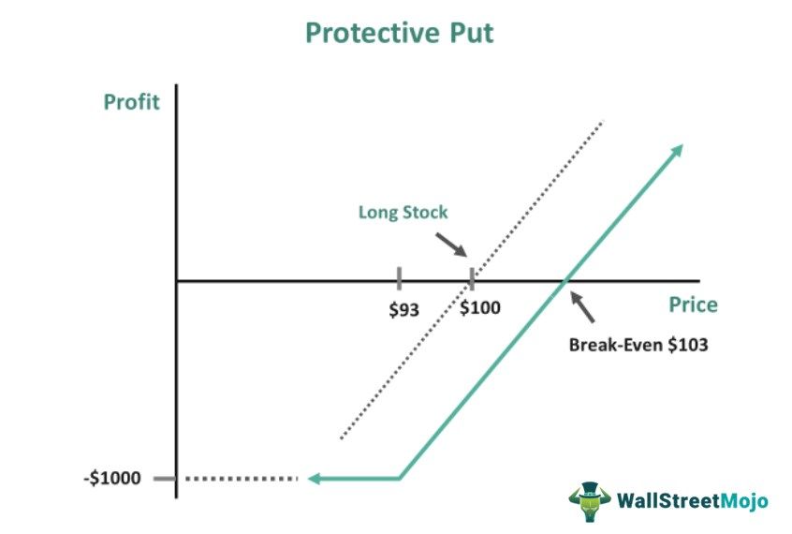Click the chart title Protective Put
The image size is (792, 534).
tap(399, 33)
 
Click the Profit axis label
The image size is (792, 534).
tap(131, 102)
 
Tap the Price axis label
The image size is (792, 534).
tap(693, 304)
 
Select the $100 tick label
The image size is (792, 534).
tap(480, 308)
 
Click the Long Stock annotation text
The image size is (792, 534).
tap(403, 213)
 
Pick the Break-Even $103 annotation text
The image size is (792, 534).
tap(638, 344)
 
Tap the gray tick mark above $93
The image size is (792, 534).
tap(400, 278)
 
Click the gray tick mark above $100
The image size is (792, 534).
tap(471, 278)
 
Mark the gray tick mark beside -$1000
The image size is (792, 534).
tap(164, 479)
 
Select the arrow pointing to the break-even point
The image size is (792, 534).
tap(583, 306)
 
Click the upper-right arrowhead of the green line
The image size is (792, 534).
tap(677, 151)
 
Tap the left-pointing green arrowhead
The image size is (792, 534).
tap(316, 479)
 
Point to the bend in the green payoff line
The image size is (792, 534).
tap(401, 479)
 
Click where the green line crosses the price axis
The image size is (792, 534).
tap(565, 280)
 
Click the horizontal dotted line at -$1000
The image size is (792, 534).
tap(242, 479)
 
